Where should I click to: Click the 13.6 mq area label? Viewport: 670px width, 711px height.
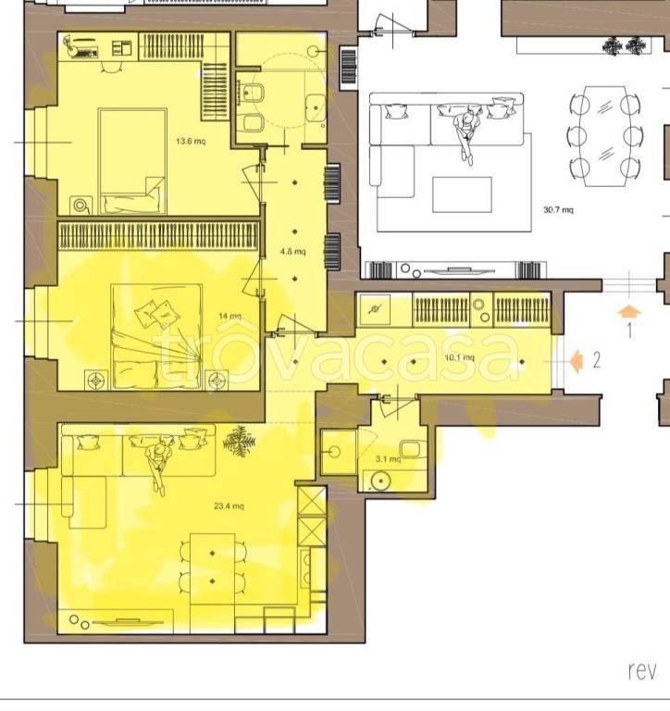pos(191,141)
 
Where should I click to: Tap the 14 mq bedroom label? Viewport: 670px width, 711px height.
pos(230,316)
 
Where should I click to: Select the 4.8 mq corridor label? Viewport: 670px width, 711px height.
pos(292,251)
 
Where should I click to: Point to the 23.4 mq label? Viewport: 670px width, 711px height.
pos(229,505)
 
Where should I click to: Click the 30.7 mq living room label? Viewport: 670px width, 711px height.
pos(558,209)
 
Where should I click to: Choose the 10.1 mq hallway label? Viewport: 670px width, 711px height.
pos(459,357)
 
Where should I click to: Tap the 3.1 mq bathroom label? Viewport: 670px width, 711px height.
pos(389,459)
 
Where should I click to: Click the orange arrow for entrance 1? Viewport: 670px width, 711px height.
pos(629,312)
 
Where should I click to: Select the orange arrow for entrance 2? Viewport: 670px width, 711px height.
pos(577,361)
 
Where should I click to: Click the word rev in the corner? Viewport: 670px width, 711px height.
pos(642,670)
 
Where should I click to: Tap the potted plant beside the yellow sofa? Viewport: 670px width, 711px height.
pos(239,441)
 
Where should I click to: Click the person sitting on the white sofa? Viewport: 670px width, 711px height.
pos(466,136)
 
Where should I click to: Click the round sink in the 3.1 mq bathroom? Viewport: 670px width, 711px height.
pos(380,481)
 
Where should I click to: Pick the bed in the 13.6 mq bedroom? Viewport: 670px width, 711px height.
pos(132,161)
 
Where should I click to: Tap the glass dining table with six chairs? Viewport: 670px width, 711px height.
pos(604,136)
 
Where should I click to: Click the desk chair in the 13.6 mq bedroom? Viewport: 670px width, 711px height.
pos(111,67)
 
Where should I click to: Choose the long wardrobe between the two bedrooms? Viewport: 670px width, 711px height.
pos(158,235)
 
